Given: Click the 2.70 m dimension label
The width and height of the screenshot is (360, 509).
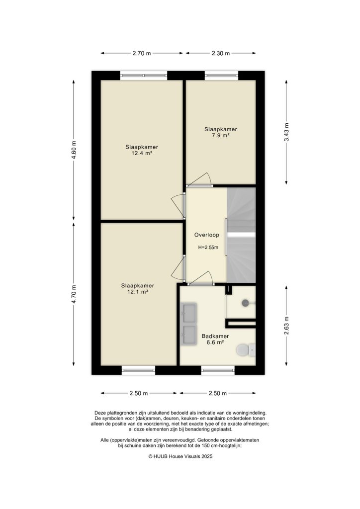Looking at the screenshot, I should (141, 54).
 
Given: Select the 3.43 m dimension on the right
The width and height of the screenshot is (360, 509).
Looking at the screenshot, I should (286, 132).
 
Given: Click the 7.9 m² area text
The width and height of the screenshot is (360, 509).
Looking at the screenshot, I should (220, 135).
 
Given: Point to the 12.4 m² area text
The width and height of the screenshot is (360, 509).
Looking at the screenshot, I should (141, 154).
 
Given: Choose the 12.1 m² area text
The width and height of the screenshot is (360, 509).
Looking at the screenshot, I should (138, 292).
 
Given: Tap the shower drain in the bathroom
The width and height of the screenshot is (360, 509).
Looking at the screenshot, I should (245, 302).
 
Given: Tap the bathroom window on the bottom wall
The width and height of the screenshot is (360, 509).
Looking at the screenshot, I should (218, 369).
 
